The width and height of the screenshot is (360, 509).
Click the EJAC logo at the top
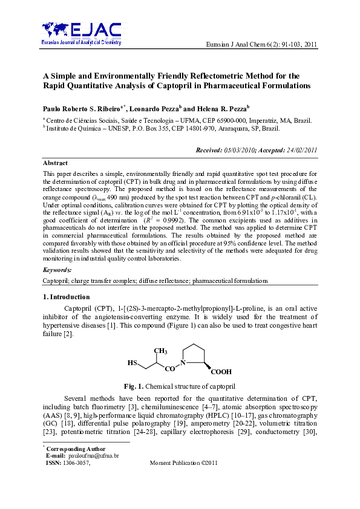pos(82,34)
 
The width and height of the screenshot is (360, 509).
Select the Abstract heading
pos(55,163)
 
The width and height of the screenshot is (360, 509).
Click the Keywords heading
pos(57,270)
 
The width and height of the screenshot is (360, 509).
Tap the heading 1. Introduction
pos(66,297)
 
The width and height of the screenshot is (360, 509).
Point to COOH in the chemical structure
pos(221,372)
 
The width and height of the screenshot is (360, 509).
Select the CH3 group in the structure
pos(160,351)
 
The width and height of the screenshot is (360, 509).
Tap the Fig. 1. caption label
pos(133,386)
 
